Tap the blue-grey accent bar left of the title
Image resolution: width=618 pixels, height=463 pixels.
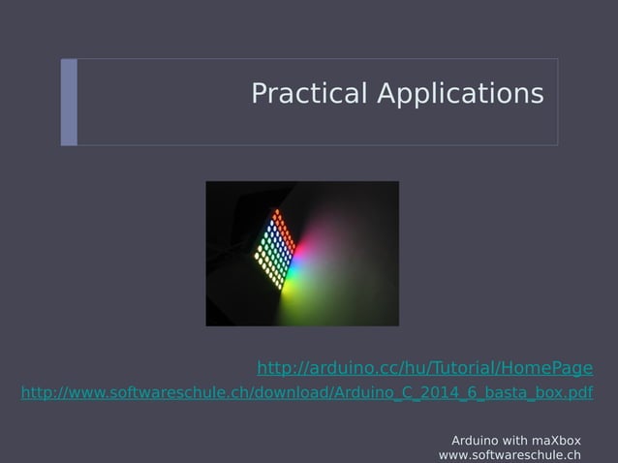click(x=69, y=102)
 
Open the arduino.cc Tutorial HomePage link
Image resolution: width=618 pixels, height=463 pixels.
click(x=424, y=368)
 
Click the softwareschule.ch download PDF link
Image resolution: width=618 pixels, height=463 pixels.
click(x=307, y=393)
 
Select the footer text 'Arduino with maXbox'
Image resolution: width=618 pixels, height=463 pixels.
click(x=516, y=440)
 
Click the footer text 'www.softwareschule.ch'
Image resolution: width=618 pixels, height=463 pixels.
click(x=510, y=454)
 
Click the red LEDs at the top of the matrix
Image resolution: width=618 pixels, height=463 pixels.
click(x=280, y=215)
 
